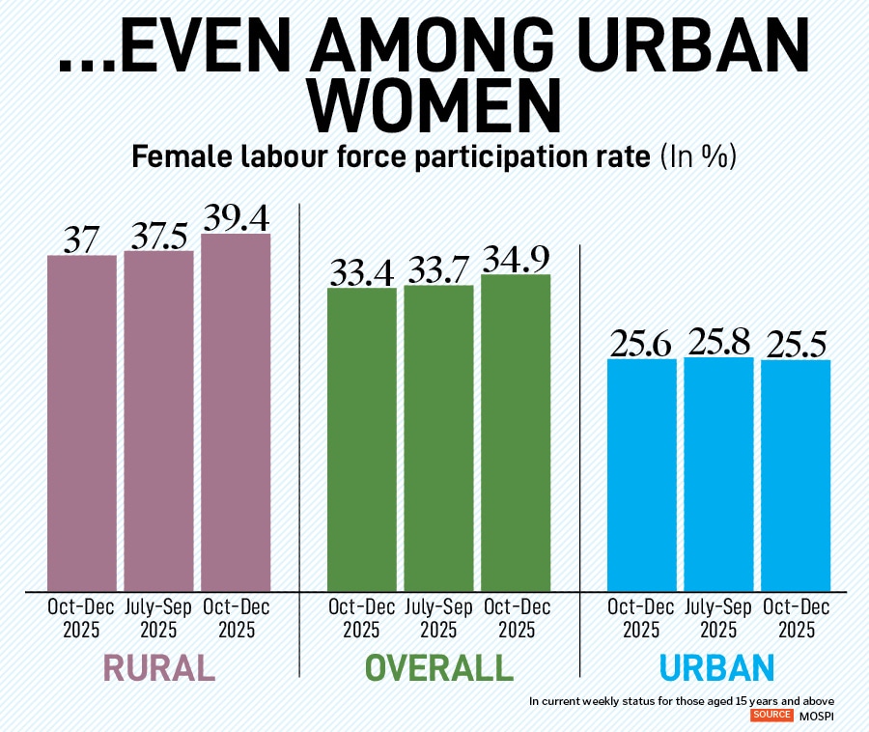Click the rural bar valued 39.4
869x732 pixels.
tap(236, 410)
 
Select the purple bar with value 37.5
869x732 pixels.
tap(158, 420)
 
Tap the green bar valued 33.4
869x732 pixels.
tap(362, 437)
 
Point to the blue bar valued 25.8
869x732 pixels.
tap(718, 473)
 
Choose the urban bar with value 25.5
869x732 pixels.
tap(796, 474)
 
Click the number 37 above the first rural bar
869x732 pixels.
tap(82, 239)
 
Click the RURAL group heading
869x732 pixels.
tap(158, 668)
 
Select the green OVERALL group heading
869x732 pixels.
tap(438, 668)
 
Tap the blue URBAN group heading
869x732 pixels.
tap(717, 668)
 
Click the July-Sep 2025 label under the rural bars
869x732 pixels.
tap(158, 618)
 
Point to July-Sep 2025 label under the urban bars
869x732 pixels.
tap(718, 618)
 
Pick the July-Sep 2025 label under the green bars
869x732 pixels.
tap(438, 618)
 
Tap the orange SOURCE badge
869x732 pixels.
tap(772, 716)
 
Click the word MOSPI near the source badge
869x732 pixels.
tap(815, 716)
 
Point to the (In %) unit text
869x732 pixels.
tap(698, 157)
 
